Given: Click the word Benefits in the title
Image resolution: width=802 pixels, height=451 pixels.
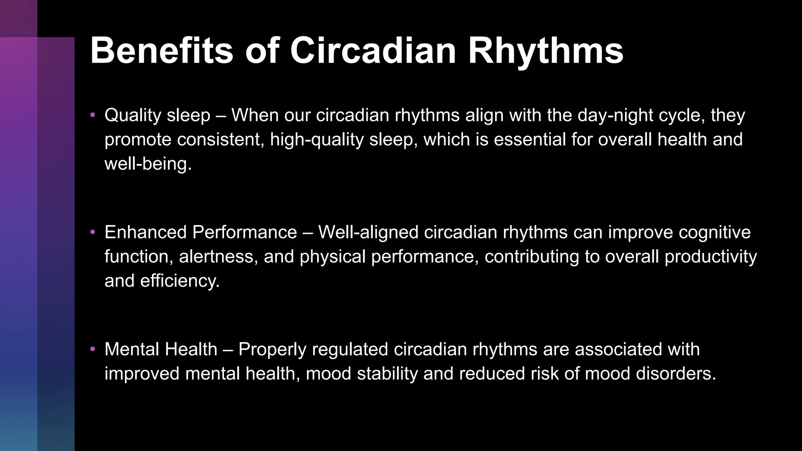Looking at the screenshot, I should click(161, 51).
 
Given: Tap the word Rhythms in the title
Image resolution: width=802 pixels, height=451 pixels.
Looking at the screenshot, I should click(546, 51).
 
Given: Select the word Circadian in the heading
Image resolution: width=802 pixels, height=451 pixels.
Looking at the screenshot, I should click(373, 51).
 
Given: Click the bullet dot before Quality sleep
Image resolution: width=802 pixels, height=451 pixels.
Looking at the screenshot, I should click(93, 115).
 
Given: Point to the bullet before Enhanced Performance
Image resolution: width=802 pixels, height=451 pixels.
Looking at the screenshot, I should click(93, 232).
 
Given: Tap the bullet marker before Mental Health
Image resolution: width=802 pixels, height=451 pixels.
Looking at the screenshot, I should click(93, 349).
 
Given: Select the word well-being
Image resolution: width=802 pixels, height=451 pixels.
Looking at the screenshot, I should click(148, 164).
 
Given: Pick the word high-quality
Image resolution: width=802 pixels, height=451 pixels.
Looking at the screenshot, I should click(317, 139).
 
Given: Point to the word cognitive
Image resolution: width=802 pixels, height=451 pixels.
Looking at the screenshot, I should click(714, 232).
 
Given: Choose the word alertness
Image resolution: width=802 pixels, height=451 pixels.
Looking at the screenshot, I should click(218, 256).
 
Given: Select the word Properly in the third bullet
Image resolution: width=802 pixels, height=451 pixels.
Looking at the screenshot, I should click(272, 349).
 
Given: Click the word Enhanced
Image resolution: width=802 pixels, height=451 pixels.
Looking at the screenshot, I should click(145, 232).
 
